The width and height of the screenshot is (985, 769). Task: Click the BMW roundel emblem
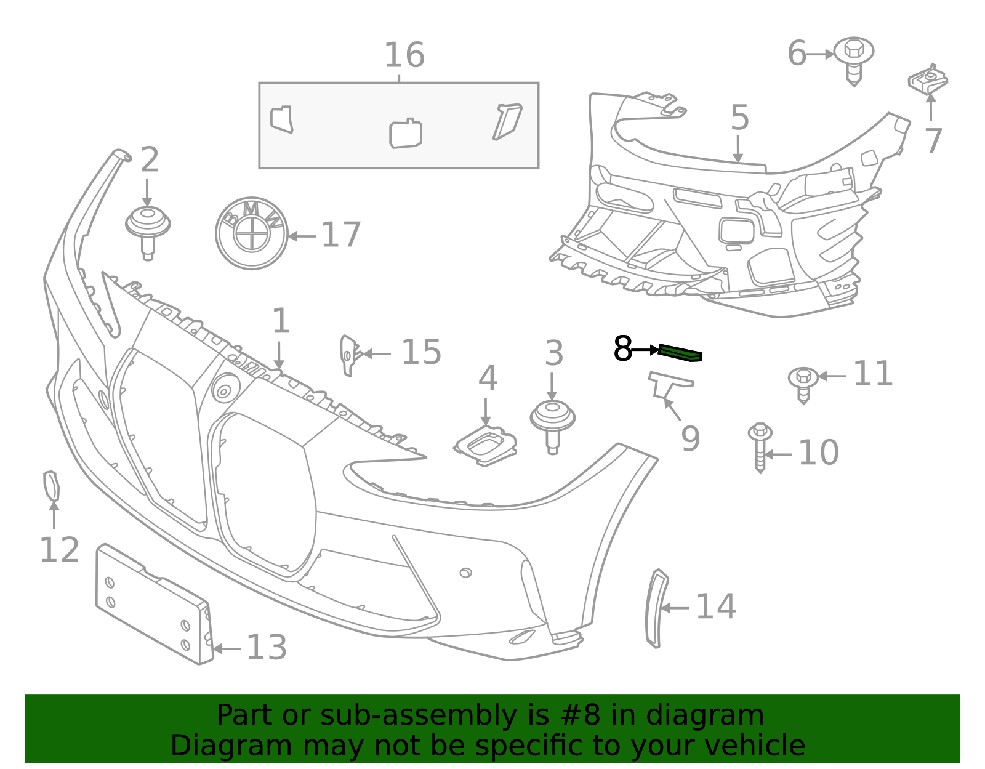[252, 233]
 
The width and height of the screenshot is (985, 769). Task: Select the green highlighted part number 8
[680, 353]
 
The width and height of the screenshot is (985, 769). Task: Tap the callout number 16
[404, 55]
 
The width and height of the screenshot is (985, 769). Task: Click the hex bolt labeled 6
[853, 58]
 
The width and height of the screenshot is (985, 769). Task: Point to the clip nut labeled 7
[928, 81]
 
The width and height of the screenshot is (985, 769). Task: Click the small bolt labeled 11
[803, 382]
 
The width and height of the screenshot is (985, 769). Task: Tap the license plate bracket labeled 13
[154, 603]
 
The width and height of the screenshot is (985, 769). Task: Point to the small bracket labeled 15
[348, 355]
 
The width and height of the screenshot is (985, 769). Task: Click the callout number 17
[340, 235]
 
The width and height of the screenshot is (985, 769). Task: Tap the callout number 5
[739, 118]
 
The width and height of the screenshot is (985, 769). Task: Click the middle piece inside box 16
[405, 133]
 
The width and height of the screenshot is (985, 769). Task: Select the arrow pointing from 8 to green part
[646, 350]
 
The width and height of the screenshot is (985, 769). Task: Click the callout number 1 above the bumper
[281, 321]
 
